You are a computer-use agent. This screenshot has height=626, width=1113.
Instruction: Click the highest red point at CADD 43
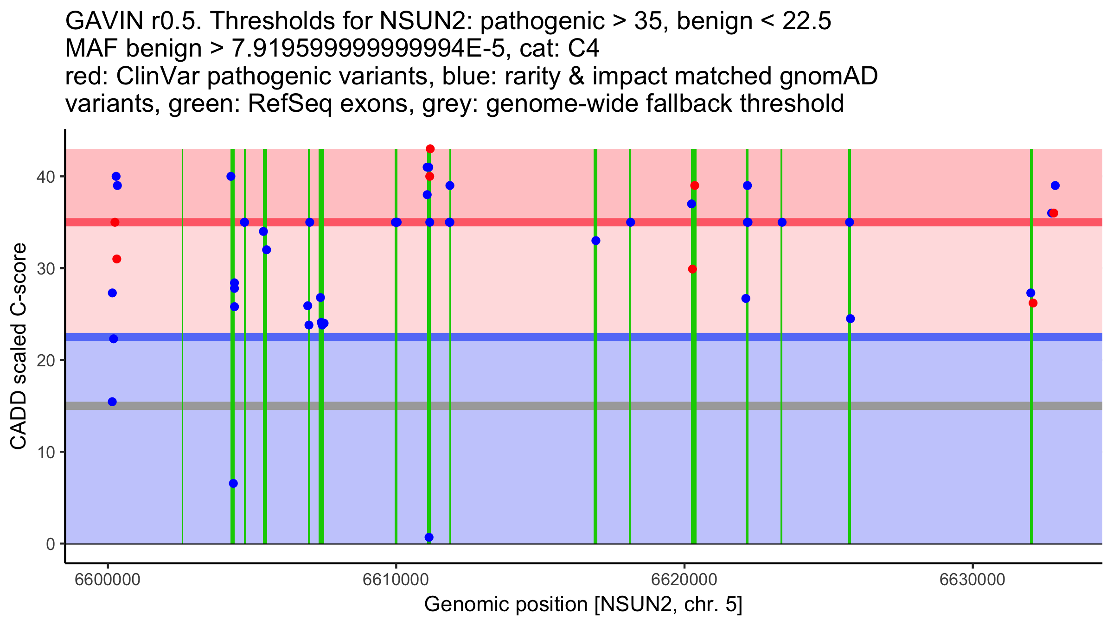point(430,149)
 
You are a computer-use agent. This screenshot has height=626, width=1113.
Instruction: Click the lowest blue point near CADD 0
point(429,537)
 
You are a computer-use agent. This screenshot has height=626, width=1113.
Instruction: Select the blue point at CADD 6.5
point(233,483)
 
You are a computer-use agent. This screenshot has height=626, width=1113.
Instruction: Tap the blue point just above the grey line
point(112,402)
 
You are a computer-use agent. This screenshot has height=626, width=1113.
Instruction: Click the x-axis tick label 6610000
point(396,579)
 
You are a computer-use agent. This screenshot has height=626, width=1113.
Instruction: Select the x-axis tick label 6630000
point(972,579)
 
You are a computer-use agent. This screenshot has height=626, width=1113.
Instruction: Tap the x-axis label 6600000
point(108,579)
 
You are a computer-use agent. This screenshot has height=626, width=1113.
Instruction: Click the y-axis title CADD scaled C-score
point(19,348)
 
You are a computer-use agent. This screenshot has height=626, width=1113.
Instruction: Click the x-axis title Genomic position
point(583,605)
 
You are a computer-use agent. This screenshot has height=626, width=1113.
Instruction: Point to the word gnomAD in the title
point(828,77)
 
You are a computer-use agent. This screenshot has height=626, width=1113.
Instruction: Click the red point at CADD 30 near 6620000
point(692,269)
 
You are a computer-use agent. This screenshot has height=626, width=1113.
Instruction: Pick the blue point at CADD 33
point(596,241)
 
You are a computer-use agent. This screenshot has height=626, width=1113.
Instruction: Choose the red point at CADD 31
point(117,259)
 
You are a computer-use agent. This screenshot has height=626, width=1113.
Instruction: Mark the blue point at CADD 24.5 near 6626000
point(850,319)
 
